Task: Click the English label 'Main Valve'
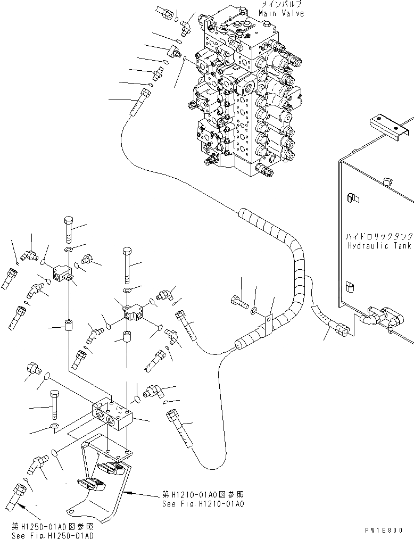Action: tap(282, 13)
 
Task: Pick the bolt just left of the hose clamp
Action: tap(239, 304)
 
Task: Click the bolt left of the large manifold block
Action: tap(53, 404)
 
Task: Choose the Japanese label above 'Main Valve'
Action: tap(282, 5)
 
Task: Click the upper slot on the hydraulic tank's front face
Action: tap(350, 197)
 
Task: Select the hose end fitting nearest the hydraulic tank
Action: tap(342, 331)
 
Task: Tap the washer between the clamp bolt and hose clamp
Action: tap(254, 309)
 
